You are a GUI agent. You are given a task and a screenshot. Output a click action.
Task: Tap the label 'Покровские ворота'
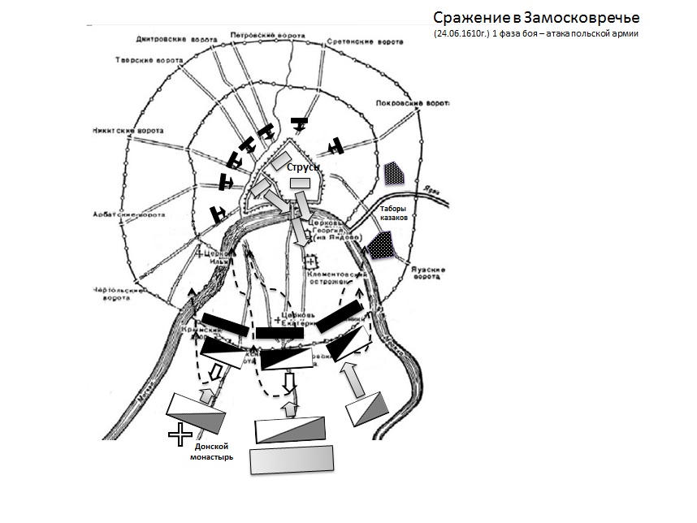point(413,104)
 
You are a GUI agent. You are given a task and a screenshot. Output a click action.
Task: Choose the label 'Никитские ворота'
point(128,131)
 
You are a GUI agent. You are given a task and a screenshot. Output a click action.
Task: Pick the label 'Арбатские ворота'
point(130,215)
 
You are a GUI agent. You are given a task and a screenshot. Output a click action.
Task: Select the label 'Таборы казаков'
point(398,213)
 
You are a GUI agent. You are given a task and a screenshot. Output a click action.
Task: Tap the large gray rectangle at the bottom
point(292,460)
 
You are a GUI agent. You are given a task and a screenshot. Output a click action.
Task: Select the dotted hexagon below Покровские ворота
point(394,173)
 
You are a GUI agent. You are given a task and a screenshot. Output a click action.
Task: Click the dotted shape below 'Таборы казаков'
point(381,244)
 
